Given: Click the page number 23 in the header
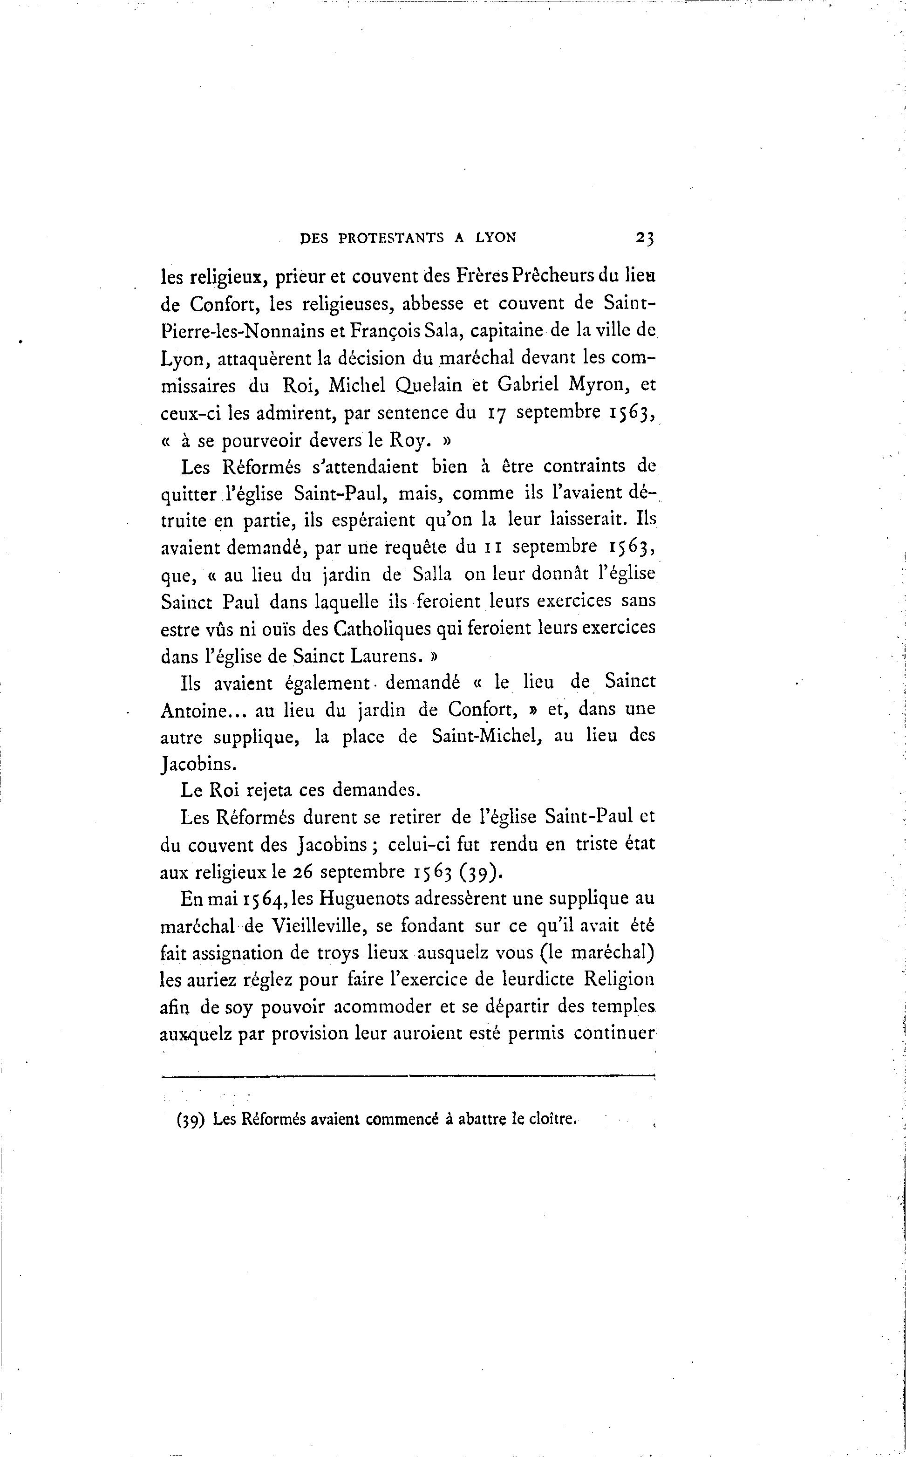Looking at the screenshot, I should tap(645, 238).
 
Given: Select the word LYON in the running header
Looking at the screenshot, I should tap(495, 238).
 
